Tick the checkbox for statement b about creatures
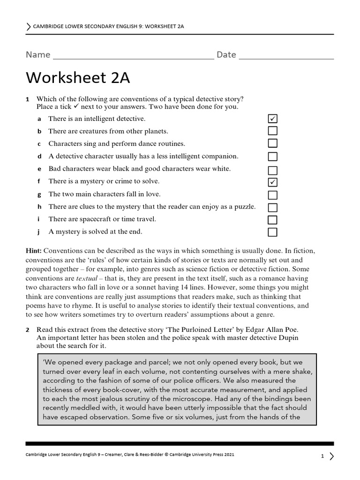click(x=272, y=131)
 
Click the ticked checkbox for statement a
click(x=272, y=119)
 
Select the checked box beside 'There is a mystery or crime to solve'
click(x=272, y=182)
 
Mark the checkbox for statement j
click(x=272, y=232)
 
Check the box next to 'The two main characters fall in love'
click(x=272, y=195)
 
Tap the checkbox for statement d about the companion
click(x=272, y=157)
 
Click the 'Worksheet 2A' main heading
click(x=78, y=78)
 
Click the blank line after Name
click(x=134, y=56)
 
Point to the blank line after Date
click(x=286, y=56)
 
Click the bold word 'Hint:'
click(x=34, y=251)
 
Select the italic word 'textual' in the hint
click(x=86, y=278)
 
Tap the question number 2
click(x=28, y=330)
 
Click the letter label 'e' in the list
click(x=39, y=169)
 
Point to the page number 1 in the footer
click(x=322, y=456)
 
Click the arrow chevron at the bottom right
click(x=332, y=456)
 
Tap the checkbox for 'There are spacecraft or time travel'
click(x=272, y=220)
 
